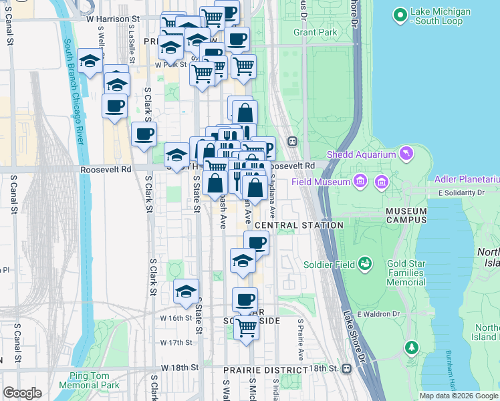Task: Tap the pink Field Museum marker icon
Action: click(360, 181)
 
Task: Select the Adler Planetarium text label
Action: click(467, 179)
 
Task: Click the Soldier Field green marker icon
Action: click(365, 264)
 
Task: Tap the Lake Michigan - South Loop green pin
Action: click(400, 14)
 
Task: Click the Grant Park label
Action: click(315, 32)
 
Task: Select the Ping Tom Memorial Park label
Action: click(88, 380)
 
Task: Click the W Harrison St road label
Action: click(112, 19)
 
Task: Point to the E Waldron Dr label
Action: click(378, 314)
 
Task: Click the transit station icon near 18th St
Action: click(346, 368)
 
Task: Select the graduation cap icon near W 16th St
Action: click(186, 291)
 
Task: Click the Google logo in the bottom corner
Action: click(22, 393)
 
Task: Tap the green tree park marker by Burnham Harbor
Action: click(412, 346)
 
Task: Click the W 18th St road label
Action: click(180, 368)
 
